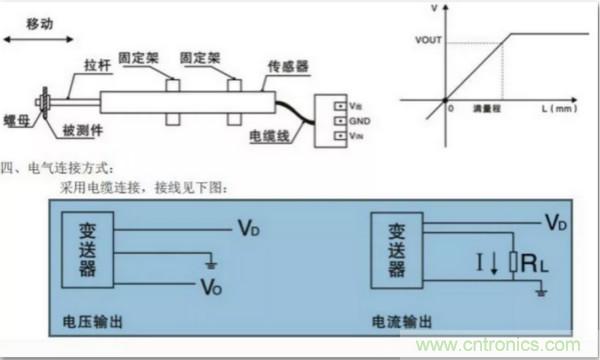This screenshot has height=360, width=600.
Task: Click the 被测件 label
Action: click(80, 131)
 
